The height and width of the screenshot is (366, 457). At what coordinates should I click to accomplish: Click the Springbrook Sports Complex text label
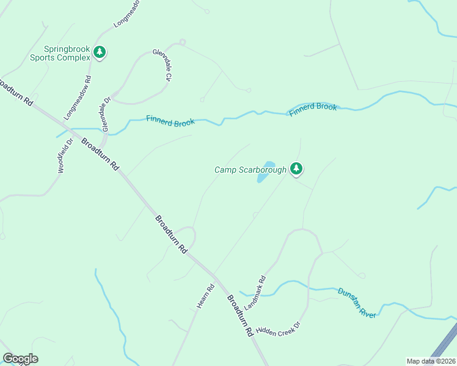point(67,53)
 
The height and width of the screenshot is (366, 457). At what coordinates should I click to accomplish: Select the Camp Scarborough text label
point(250,170)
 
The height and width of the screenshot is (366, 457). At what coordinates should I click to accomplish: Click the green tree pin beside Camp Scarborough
point(296,168)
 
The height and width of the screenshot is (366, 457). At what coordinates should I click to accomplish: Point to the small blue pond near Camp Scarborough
point(265,172)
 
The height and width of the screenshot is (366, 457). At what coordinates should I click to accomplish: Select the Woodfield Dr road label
point(65,156)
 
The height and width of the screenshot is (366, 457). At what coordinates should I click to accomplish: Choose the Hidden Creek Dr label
point(279,328)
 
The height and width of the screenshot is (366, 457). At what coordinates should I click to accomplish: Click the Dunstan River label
point(357,302)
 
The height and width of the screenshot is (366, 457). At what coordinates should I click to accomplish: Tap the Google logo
point(20,359)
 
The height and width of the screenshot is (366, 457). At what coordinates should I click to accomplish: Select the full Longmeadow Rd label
point(76,98)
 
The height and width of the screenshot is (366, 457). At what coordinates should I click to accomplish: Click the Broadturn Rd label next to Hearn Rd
point(240,317)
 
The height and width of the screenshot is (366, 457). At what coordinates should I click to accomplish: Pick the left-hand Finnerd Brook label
point(170,121)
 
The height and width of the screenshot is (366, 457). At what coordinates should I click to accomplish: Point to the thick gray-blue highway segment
point(444,345)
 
